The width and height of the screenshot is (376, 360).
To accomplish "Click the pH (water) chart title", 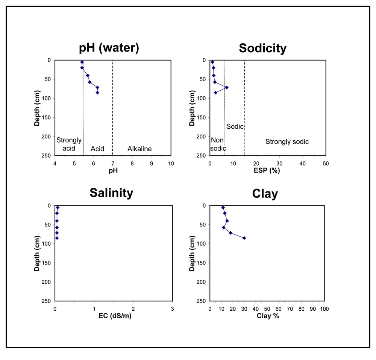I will (109, 48).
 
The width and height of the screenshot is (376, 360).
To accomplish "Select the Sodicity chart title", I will (262, 48).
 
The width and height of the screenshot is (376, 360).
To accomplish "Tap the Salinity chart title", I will (111, 193).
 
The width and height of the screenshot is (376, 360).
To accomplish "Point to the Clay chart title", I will (265, 194).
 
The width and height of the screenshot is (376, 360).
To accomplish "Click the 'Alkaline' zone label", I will (139, 149).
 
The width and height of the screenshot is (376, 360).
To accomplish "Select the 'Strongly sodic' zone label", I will (287, 142).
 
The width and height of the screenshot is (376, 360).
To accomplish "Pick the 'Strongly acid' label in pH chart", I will (69, 144).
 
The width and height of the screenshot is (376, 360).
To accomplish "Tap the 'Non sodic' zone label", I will (218, 144).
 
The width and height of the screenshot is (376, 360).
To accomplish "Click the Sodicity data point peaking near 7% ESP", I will (227, 87).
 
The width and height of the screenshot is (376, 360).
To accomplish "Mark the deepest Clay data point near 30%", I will (244, 238).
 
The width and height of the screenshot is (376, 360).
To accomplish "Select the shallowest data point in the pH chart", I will (82, 62).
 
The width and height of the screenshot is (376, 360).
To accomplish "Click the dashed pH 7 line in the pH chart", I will (112, 113).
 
